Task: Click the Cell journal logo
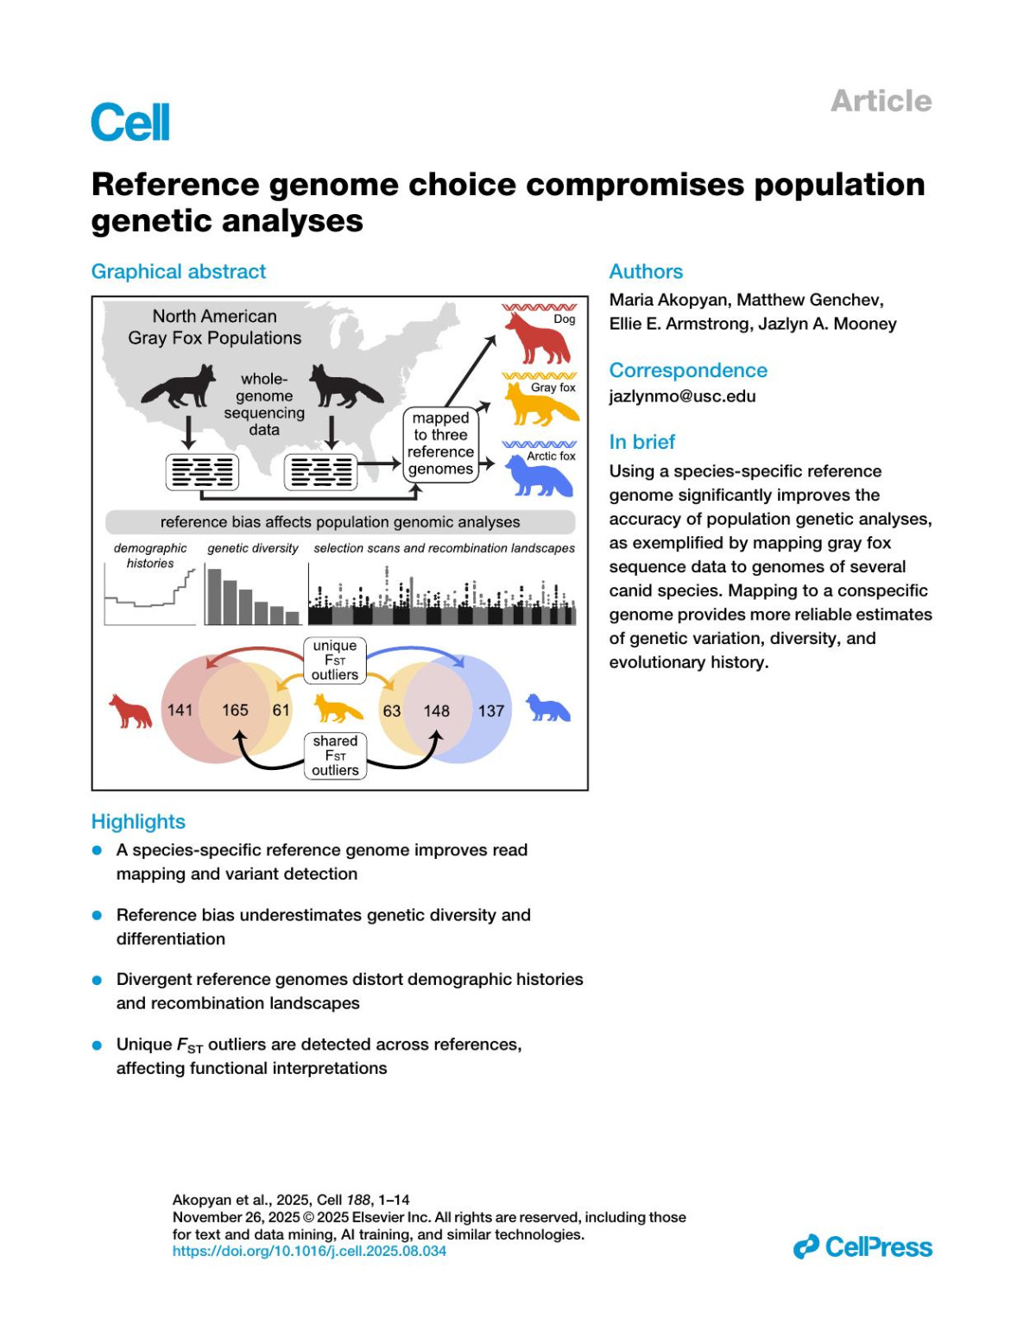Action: pos(130,123)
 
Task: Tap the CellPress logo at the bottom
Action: pos(862,1246)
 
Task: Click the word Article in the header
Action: pos(881,101)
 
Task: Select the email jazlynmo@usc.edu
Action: pos(682,396)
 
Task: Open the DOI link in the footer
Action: pos(309,1251)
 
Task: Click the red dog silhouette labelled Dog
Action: pos(537,338)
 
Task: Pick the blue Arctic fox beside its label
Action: pos(537,476)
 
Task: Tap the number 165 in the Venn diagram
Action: pos(235,710)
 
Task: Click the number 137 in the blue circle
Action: pos(491,711)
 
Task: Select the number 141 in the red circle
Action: pos(180,710)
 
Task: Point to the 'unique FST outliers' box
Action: pos(335,660)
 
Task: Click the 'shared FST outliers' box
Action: pos(335,755)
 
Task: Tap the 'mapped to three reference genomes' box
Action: pos(440,444)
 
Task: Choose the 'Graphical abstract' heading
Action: pos(179,272)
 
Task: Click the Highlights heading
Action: pos(138,822)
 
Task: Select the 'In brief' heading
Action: pos(641,442)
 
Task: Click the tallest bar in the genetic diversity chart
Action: pos(214,596)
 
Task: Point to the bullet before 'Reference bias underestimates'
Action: pos(98,915)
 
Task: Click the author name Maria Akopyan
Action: pos(669,300)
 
